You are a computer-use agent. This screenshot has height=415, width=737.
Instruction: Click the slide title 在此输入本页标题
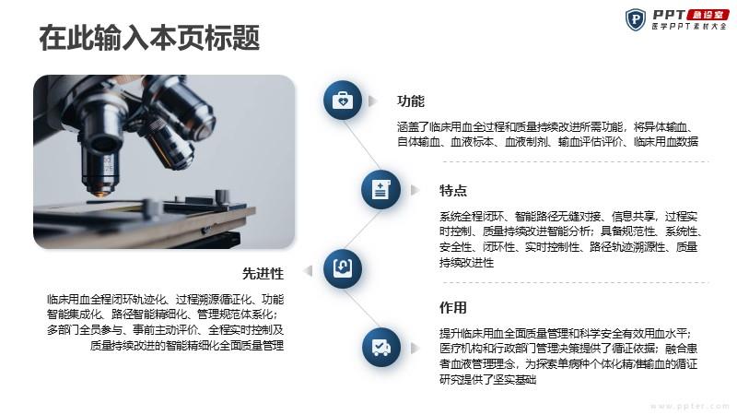tap(149, 38)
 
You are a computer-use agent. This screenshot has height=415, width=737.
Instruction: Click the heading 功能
tap(410, 101)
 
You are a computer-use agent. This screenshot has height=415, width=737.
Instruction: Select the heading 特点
tap(452, 191)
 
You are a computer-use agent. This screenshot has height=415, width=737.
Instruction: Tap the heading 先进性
tap(263, 273)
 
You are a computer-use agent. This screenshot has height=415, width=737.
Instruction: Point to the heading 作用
tap(452, 308)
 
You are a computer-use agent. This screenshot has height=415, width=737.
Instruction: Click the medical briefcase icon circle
tap(343, 101)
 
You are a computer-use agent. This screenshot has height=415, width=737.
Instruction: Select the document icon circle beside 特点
tap(380, 190)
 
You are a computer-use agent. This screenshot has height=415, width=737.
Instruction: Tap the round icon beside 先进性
tap(343, 268)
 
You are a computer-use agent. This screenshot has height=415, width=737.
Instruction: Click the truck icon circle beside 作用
tap(381, 348)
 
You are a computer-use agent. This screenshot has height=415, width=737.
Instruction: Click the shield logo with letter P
tap(636, 19)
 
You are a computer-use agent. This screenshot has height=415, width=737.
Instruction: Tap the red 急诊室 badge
tap(708, 15)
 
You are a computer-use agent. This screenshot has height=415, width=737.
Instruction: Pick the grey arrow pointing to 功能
tap(373, 101)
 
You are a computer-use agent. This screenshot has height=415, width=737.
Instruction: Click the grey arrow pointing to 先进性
tap(309, 270)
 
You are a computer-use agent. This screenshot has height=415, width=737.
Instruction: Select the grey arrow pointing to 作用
tap(415, 348)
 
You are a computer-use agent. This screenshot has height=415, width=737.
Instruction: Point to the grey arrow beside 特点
tap(415, 190)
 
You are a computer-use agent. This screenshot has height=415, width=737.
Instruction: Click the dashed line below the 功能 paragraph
tap(576, 161)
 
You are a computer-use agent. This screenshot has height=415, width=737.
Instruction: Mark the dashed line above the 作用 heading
tap(576, 283)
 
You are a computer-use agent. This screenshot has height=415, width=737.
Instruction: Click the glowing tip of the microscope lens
tap(100, 193)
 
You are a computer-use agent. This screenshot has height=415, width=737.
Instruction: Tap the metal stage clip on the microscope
tap(221, 196)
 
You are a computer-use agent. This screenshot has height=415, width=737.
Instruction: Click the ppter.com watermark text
tap(689, 406)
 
